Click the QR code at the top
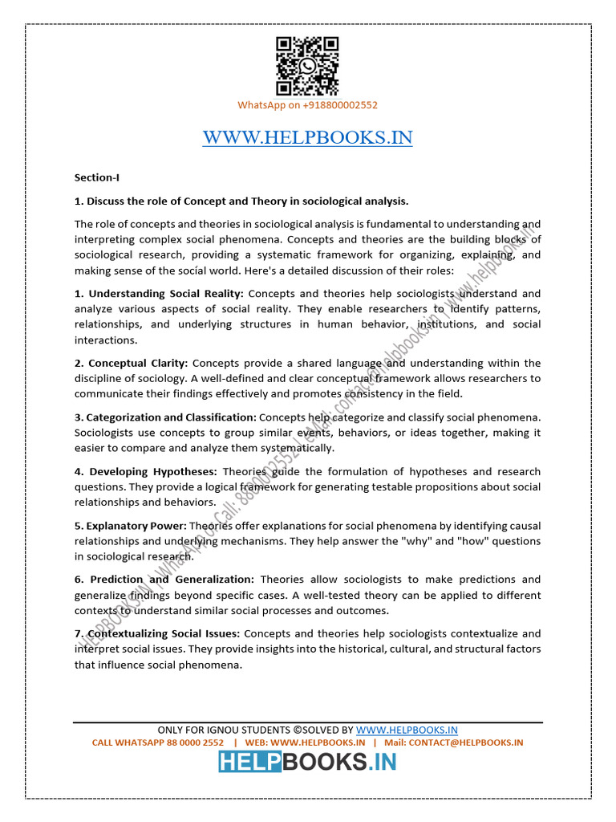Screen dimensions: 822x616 (307, 67)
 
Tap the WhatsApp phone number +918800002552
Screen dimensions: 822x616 (330, 105)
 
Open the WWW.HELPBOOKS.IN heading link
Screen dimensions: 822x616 (307, 137)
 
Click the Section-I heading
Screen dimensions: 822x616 (96, 177)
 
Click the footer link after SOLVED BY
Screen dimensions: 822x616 (407, 730)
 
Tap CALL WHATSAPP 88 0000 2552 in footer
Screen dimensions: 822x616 (158, 743)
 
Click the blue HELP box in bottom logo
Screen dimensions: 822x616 (249, 763)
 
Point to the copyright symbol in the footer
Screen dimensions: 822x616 (297, 730)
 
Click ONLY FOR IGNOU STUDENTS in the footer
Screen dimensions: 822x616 (224, 730)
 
